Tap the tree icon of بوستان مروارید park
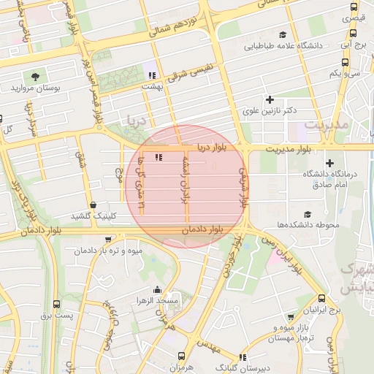(x=35, y=75)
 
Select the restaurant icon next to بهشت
(x=152, y=75)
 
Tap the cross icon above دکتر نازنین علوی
(x=270, y=99)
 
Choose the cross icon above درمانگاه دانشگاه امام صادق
(x=329, y=163)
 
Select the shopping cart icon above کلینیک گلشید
(x=91, y=205)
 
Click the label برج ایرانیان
(x=324, y=310)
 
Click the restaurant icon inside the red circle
(x=159, y=157)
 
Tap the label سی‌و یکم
(x=344, y=73)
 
